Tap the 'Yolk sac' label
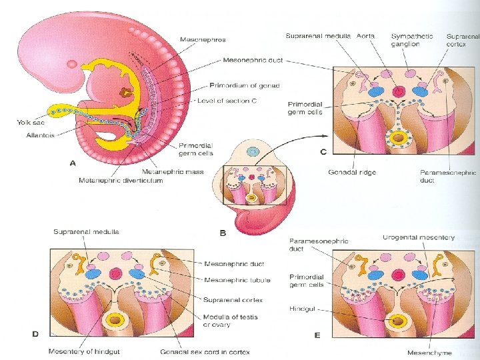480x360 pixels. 30,122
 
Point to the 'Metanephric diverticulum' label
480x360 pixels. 121,181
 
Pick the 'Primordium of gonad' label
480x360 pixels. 245,85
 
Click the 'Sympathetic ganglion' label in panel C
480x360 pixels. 411,40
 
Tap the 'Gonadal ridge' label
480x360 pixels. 352,172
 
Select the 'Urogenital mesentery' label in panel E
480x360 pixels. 419,237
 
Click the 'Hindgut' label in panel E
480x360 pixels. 302,309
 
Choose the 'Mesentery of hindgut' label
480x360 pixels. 80,351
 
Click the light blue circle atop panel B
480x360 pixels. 251,152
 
